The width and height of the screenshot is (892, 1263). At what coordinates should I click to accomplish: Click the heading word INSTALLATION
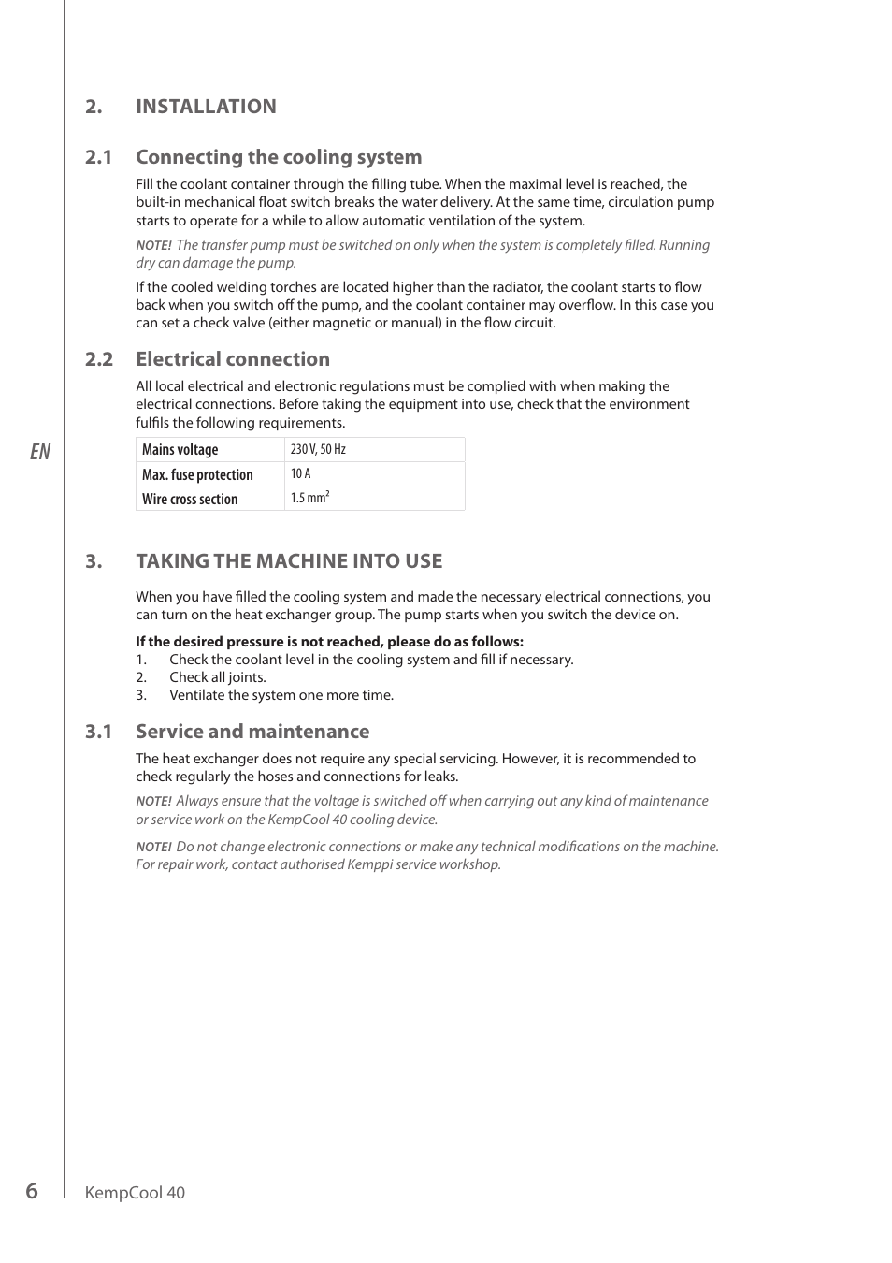206,107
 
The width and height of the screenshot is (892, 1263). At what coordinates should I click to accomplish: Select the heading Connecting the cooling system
279,157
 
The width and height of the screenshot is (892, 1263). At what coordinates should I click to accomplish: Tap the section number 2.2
98,359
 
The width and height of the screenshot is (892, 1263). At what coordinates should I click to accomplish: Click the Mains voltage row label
180,450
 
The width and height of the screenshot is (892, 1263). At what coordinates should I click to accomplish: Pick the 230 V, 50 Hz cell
318,450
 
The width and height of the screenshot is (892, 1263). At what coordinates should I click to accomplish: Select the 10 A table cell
300,474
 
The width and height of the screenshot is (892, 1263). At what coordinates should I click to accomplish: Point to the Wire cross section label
190,500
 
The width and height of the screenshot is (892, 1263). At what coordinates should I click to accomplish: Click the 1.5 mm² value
309,499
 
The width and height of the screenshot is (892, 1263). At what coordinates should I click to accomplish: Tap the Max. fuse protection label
197,475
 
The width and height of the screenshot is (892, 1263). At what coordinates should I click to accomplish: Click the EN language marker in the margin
39,452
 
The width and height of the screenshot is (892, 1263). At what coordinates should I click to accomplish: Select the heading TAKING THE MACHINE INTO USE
289,561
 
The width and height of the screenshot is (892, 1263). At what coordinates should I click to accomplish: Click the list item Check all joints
217,677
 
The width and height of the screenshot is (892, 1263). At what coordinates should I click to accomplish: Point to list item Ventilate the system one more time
281,695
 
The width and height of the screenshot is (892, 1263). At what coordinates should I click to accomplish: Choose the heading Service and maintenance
252,732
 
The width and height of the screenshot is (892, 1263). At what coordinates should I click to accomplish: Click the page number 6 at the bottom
32,1191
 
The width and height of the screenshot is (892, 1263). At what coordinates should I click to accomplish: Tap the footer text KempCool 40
135,1193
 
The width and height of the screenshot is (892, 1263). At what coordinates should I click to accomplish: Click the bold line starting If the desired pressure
329,642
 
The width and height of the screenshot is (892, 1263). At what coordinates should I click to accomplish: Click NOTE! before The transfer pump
153,246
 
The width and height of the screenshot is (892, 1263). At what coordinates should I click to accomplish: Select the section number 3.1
98,732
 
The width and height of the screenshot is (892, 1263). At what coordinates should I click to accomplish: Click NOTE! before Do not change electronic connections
153,848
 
